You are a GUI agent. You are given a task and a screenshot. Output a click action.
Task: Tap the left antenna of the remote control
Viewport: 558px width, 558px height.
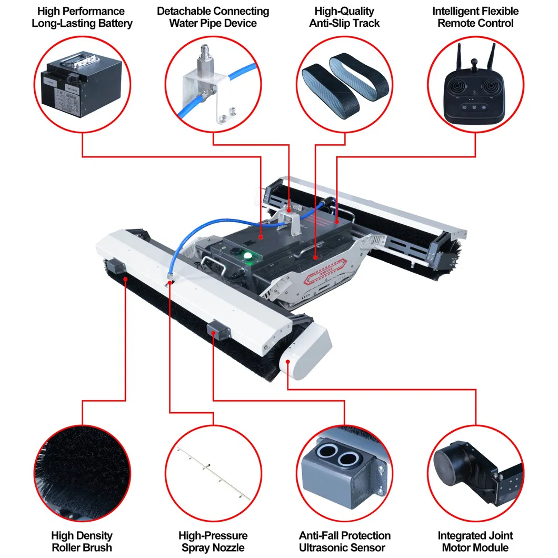[457, 57]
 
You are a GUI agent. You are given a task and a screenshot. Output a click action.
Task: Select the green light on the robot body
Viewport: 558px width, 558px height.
[247, 256]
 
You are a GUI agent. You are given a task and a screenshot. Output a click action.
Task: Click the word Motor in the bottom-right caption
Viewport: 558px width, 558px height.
[457, 548]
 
